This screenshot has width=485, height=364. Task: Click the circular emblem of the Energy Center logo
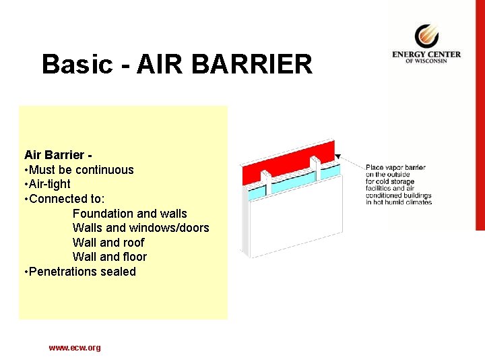pos(426,35)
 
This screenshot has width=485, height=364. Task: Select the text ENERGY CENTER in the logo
pos(426,54)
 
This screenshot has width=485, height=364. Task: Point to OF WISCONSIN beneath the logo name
pos(426,61)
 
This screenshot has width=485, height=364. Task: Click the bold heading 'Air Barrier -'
pos(58,155)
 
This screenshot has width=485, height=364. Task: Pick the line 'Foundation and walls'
pos(130,214)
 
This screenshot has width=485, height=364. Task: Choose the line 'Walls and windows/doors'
pos(141,228)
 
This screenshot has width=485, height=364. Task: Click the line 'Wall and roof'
pos(108,243)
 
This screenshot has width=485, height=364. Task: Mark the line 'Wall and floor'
pos(109,257)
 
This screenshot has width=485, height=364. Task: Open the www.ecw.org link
pos(75,348)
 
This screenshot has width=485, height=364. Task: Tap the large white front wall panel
pos(296,216)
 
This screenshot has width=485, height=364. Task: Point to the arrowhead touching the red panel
pos(338,156)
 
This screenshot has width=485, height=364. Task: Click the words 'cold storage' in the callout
pos(401,181)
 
